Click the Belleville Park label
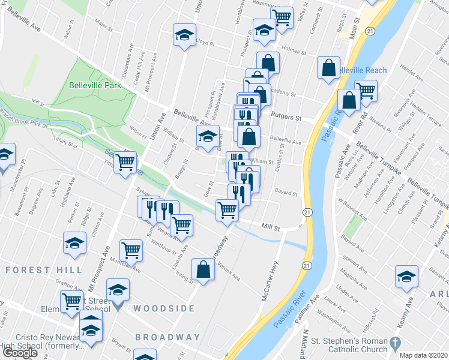[x=95, y=85]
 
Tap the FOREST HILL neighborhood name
[x=43, y=270]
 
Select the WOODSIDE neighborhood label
[x=164, y=308]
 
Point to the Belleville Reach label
[x=361, y=70]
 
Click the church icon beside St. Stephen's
[x=394, y=343]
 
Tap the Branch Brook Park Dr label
[x=24, y=118]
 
